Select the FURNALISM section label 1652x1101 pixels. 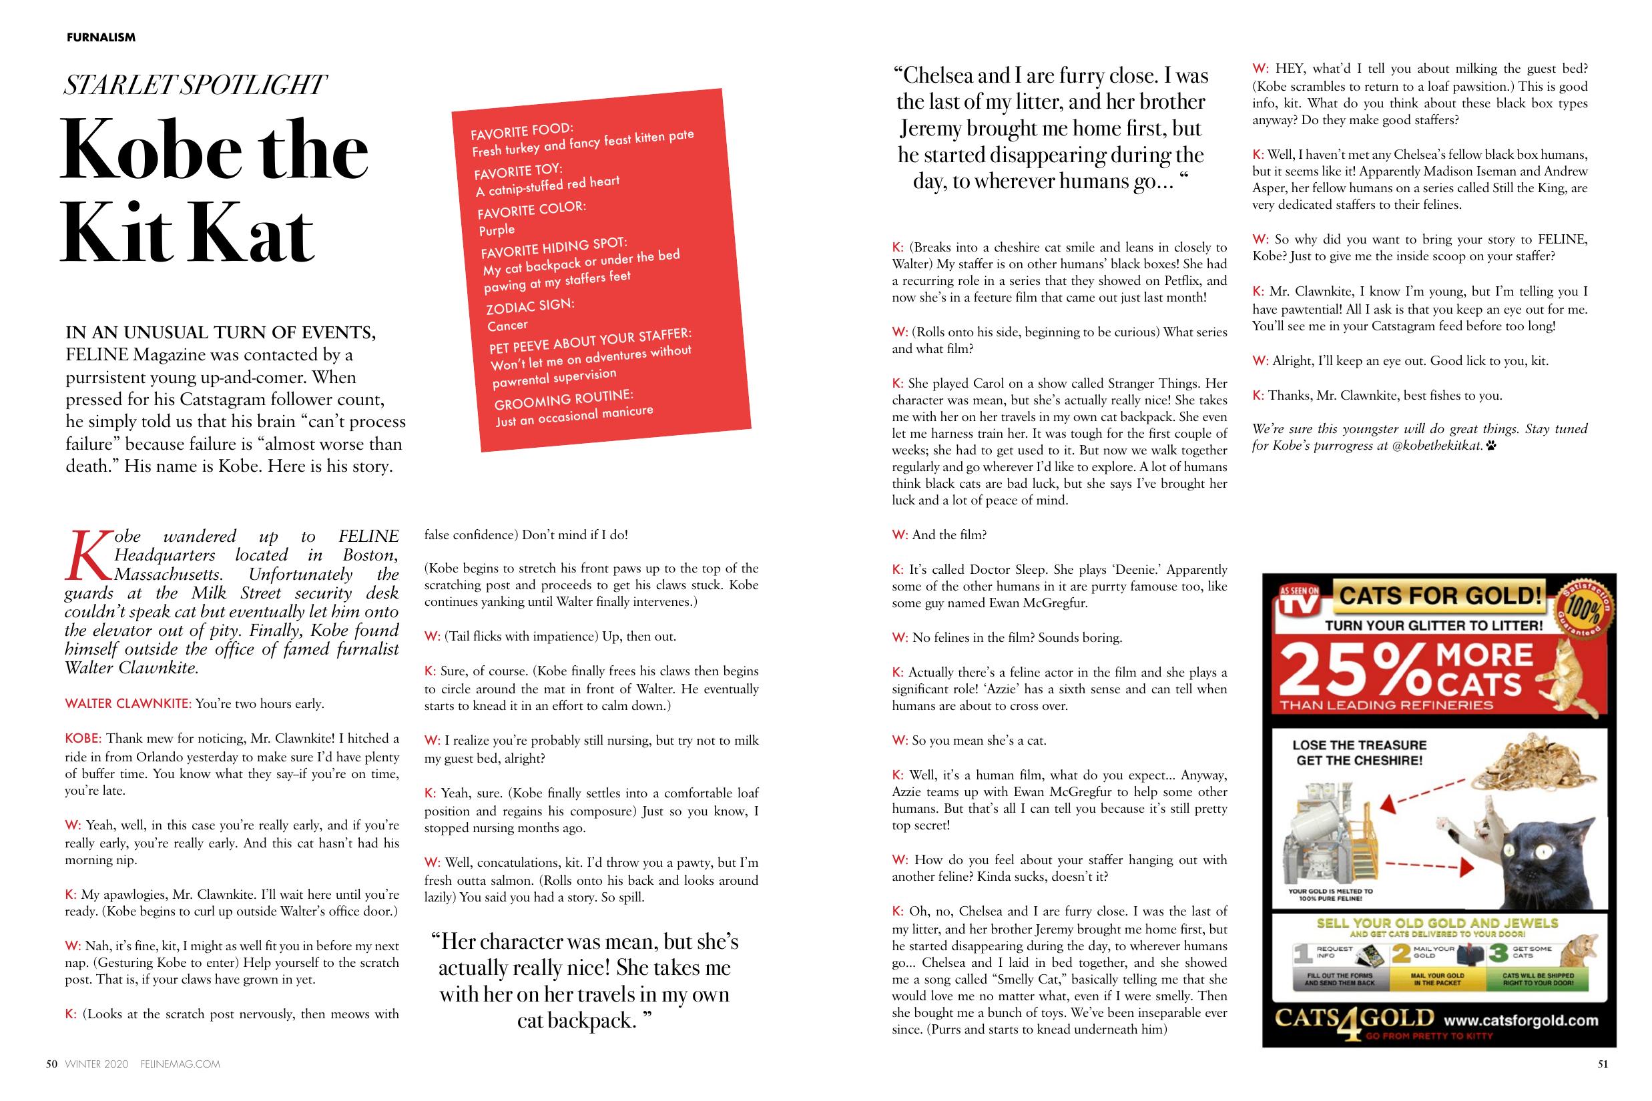[101, 37]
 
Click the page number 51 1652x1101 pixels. [1602, 1064]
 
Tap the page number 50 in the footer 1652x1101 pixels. [51, 1064]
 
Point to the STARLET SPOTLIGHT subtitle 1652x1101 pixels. [194, 85]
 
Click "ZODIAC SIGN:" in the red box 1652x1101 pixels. [530, 307]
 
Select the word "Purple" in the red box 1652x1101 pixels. [497, 230]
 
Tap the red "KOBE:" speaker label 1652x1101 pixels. [83, 738]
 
